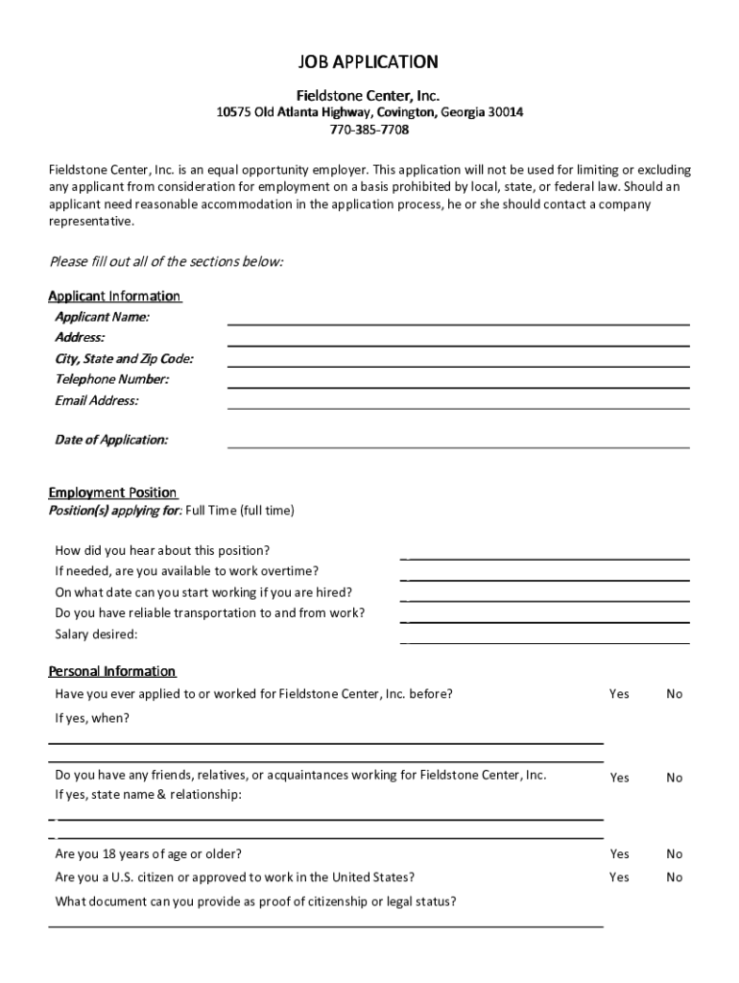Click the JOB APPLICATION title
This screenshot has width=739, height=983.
pos(369,62)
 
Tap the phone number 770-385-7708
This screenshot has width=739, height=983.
pos(369,130)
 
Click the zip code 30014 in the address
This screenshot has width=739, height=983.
pos(506,112)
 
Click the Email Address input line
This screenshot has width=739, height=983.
pos(458,407)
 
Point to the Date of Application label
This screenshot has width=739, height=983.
pos(111,440)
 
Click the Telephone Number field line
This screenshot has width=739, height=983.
pos(458,386)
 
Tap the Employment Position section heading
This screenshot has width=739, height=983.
pos(112,492)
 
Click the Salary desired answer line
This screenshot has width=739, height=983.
pos(545,641)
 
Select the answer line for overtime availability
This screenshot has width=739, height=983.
pos(545,579)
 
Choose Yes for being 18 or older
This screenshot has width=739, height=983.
pos(619,853)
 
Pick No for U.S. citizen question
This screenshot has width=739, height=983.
pos(674,876)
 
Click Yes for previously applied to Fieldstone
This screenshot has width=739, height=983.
pos(619,693)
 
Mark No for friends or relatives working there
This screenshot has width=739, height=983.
pos(674,778)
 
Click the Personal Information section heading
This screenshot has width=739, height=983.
pos(112,671)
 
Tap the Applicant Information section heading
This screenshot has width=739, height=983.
pos(114,296)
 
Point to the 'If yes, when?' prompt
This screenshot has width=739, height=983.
pos(92,718)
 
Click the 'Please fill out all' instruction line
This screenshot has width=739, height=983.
pos(166,262)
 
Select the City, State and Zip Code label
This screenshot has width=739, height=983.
pos(124,359)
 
